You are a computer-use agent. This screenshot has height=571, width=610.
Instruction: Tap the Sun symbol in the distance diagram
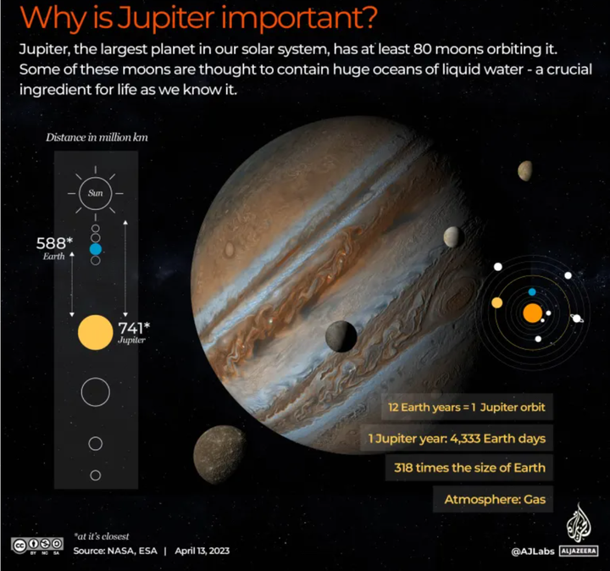(95, 193)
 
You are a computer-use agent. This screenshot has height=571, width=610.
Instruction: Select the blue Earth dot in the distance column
(95, 249)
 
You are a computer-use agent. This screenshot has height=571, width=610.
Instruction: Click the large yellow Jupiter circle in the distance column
(94, 331)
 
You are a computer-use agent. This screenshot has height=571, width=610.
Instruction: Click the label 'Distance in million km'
(91, 137)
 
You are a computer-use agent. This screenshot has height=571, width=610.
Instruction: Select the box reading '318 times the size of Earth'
(469, 467)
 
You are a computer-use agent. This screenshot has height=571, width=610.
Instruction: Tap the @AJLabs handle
(533, 552)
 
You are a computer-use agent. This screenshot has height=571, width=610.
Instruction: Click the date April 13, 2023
(202, 552)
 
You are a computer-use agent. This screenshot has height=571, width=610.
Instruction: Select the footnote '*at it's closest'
(105, 536)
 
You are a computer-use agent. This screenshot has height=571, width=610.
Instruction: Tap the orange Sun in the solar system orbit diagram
(532, 313)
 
